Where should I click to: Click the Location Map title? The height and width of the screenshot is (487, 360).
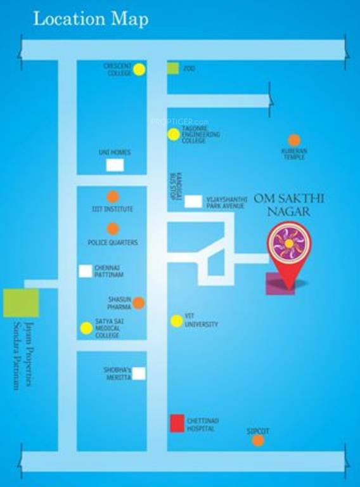pyautogui.click(x=91, y=19)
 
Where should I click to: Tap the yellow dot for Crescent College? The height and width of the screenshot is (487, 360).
pyautogui.click(x=139, y=70)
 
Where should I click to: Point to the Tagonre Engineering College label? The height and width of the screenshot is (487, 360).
pyautogui.click(x=201, y=134)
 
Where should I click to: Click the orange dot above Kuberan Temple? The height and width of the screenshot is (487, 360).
pyautogui.click(x=294, y=140)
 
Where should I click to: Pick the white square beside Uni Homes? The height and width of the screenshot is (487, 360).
pyautogui.click(x=115, y=166)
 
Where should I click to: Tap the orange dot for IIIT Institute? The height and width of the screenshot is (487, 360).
pyautogui.click(x=113, y=197)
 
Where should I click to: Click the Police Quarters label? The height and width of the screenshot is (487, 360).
pyautogui.click(x=112, y=243)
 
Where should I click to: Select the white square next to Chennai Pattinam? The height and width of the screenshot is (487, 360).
pyautogui.click(x=85, y=271)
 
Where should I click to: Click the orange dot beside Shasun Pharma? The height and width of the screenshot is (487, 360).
pyautogui.click(x=139, y=302)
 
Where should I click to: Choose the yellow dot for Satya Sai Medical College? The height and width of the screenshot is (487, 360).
pyautogui.click(x=86, y=328)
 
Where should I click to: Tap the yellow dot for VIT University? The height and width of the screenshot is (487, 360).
pyautogui.click(x=176, y=321)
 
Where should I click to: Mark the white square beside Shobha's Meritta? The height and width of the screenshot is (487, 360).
pyautogui.click(x=139, y=373)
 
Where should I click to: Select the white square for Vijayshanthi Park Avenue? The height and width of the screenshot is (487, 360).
pyautogui.click(x=193, y=202)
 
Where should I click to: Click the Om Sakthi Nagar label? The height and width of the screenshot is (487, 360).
pyautogui.click(x=289, y=204)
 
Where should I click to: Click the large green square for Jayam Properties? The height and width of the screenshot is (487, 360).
pyautogui.click(x=21, y=302)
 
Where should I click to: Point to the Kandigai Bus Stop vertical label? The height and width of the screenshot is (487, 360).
pyautogui.click(x=172, y=186)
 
